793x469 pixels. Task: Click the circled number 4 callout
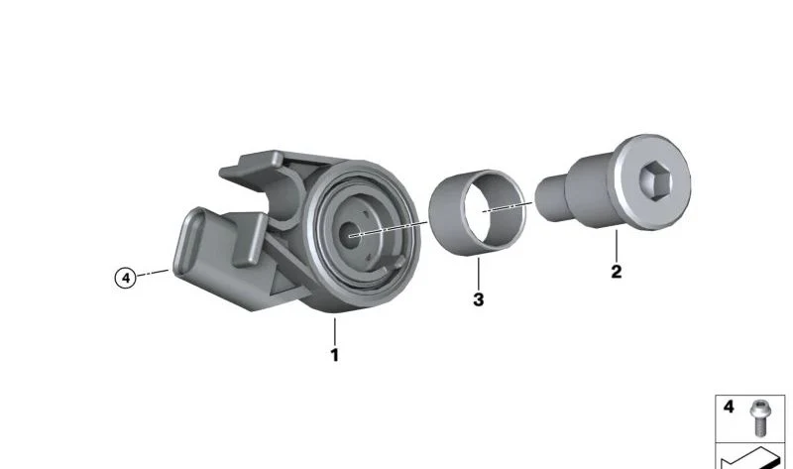(x=126, y=278)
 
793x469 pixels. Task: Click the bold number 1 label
(x=334, y=355)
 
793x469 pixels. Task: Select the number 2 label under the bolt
(x=616, y=272)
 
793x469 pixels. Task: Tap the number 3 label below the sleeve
(x=479, y=299)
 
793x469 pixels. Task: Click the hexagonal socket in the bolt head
(x=654, y=180)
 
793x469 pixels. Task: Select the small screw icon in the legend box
(x=758, y=417)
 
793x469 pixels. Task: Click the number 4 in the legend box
(x=729, y=407)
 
